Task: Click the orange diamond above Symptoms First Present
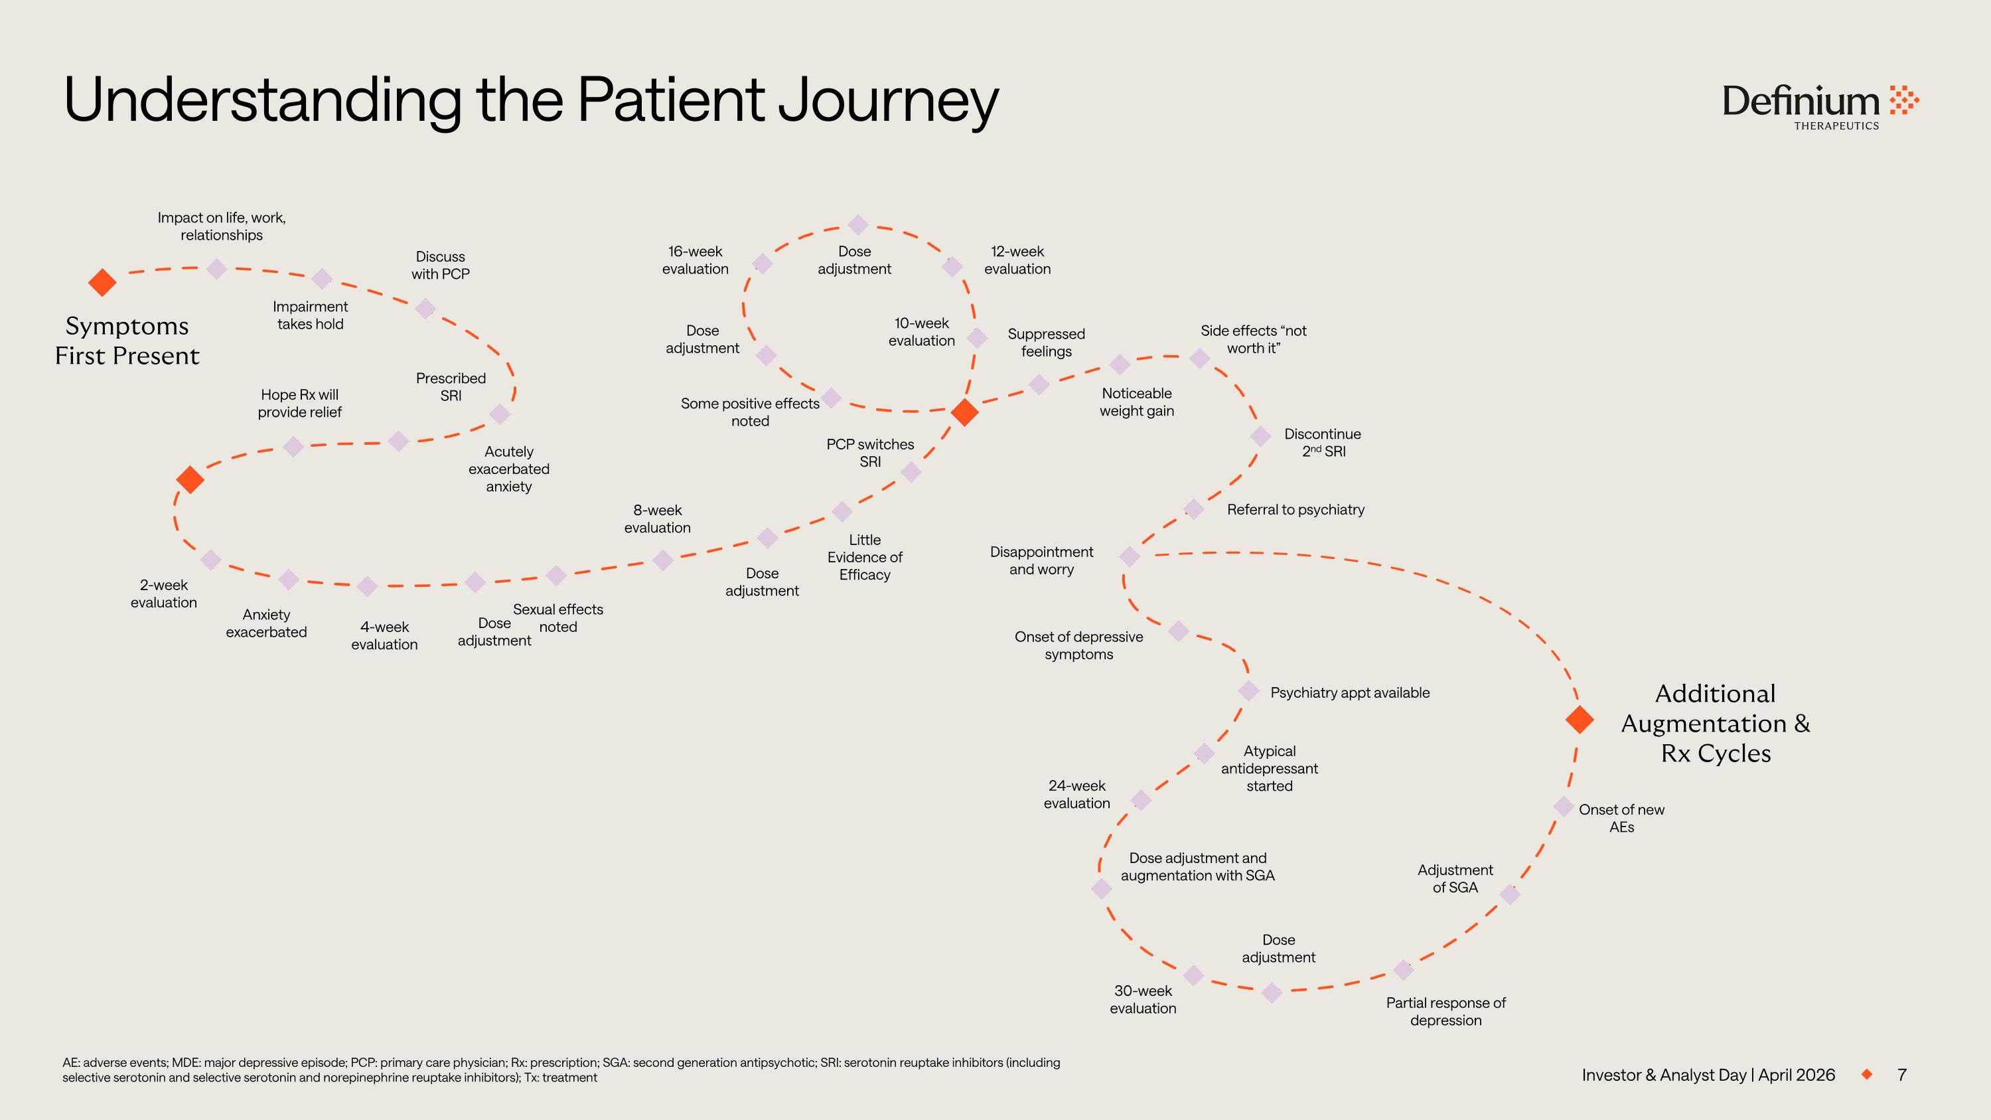coord(102,282)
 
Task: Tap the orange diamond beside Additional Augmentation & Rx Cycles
coord(1579,719)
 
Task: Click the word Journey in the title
coord(888,100)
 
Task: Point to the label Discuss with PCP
coord(440,265)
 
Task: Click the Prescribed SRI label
coord(451,386)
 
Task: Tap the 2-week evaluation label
coord(163,594)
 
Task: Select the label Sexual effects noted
coord(557,617)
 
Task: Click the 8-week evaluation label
coord(657,519)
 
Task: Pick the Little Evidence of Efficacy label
coord(864,556)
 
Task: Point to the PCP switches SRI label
coord(869,453)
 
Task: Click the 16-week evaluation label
coord(695,260)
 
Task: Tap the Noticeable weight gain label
coord(1136,402)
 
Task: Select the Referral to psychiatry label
coord(1295,509)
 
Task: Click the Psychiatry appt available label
coord(1349,692)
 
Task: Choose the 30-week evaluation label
coord(1142,999)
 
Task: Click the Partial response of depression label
coord(1445,1011)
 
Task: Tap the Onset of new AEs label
coord(1621,818)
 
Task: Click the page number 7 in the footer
coord(1901,1074)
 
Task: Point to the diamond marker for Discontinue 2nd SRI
coord(1260,436)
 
